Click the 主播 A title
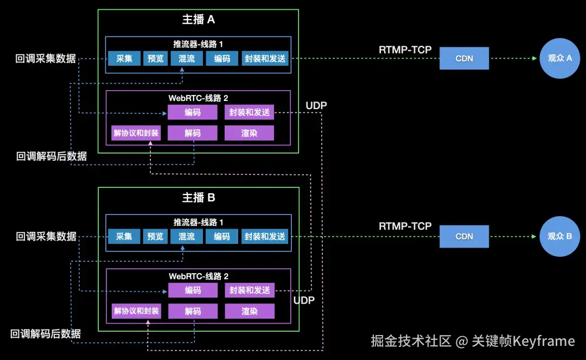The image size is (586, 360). click(x=198, y=20)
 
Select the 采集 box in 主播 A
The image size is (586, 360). click(x=124, y=59)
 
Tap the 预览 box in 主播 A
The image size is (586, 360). click(x=155, y=59)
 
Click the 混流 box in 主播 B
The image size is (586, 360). click(x=186, y=237)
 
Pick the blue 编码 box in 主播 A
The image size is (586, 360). click(x=222, y=59)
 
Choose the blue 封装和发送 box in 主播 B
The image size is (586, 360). click(x=265, y=237)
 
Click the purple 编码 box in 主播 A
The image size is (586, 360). click(x=192, y=112)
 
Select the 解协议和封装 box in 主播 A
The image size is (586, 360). click(x=136, y=133)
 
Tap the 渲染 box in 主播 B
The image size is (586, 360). click(x=250, y=311)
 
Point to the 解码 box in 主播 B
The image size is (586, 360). click(x=193, y=311)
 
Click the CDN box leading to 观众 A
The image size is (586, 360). click(x=464, y=59)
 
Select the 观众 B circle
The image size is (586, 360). click(x=560, y=237)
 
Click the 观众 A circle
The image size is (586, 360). click(x=560, y=58)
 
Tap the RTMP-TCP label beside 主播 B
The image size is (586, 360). click(x=405, y=226)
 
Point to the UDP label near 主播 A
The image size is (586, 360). click(x=316, y=105)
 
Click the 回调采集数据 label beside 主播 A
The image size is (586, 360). click(x=46, y=59)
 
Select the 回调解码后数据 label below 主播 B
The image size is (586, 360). click(x=46, y=334)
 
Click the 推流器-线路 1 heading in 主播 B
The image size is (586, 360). click(x=198, y=223)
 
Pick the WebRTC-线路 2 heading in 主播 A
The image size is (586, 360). click(x=198, y=98)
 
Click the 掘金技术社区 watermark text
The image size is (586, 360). click(x=411, y=341)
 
